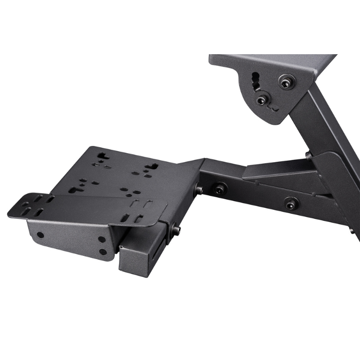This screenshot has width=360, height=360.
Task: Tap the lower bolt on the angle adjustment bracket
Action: point(261,100)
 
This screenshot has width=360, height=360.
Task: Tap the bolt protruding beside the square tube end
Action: point(177,230)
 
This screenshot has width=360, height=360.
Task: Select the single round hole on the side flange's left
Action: point(40,236)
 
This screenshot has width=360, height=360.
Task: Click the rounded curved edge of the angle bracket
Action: point(242,103)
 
